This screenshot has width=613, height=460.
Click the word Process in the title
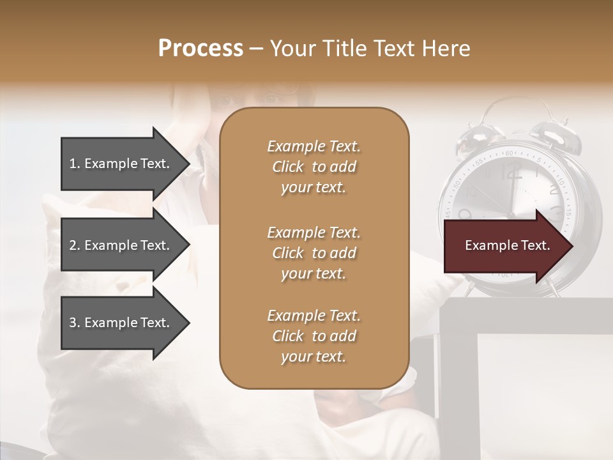(x=201, y=49)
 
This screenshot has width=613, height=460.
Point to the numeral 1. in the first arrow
(x=75, y=164)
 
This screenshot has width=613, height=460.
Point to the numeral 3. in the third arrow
(x=75, y=323)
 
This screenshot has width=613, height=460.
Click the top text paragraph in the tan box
(x=314, y=167)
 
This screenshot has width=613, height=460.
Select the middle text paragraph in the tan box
(x=314, y=252)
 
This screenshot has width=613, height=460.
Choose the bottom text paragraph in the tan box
(x=314, y=336)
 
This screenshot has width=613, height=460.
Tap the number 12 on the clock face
(x=511, y=171)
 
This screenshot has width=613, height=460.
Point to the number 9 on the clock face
(x=465, y=213)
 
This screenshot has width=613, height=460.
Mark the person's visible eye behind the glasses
(x=269, y=98)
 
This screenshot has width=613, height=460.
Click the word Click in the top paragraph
(x=288, y=167)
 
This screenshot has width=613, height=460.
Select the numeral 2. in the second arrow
(x=75, y=245)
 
